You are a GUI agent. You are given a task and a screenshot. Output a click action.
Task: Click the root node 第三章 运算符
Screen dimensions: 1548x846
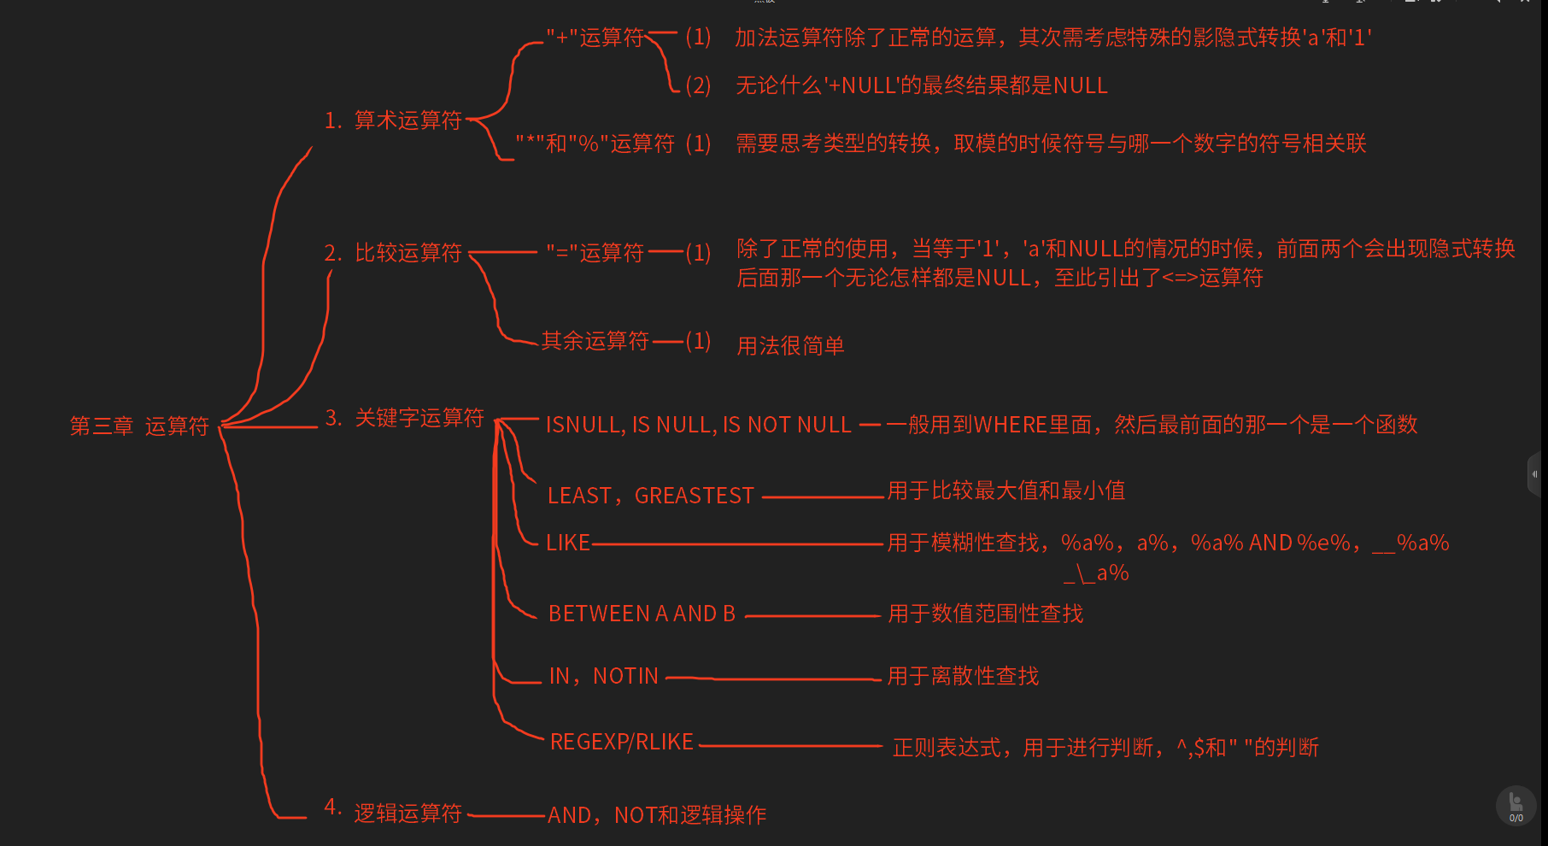click(x=139, y=426)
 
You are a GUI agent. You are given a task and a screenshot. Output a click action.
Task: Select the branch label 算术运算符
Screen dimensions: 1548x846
click(x=408, y=120)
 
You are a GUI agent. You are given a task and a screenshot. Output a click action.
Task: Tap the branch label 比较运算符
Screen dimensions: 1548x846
click(x=408, y=253)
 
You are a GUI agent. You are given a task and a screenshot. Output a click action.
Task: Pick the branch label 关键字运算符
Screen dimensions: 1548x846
click(x=419, y=418)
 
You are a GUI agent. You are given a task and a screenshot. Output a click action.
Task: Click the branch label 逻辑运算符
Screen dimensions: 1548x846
click(x=408, y=814)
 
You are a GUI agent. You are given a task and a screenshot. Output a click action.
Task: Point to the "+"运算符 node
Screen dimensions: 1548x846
click(x=595, y=38)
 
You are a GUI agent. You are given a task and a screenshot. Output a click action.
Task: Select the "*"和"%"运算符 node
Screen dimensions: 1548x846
click(x=595, y=144)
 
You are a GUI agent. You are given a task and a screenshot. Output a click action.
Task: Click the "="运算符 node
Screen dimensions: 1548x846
click(x=595, y=253)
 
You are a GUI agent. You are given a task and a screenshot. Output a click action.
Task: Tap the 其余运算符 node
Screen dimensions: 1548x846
click(x=595, y=341)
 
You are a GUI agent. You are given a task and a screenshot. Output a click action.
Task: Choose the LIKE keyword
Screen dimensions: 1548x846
click(x=568, y=543)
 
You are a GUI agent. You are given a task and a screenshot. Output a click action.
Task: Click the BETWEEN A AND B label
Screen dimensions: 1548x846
click(x=642, y=614)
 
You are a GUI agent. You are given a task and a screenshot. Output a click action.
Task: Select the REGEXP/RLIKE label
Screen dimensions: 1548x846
click(x=621, y=742)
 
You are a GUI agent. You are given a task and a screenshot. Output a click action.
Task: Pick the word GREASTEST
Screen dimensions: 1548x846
click(x=694, y=496)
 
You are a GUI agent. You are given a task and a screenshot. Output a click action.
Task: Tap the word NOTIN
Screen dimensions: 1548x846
click(x=625, y=676)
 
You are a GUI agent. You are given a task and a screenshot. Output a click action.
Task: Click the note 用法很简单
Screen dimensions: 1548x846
click(x=790, y=346)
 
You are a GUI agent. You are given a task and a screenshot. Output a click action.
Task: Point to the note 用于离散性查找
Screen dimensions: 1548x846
click(x=963, y=676)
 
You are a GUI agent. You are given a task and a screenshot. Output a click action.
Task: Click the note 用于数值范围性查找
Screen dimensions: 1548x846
click(x=985, y=614)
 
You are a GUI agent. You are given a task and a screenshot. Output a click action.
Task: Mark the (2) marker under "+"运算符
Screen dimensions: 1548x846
click(x=698, y=85)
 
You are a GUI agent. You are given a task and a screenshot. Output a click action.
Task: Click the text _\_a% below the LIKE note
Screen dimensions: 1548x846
click(x=1096, y=573)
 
